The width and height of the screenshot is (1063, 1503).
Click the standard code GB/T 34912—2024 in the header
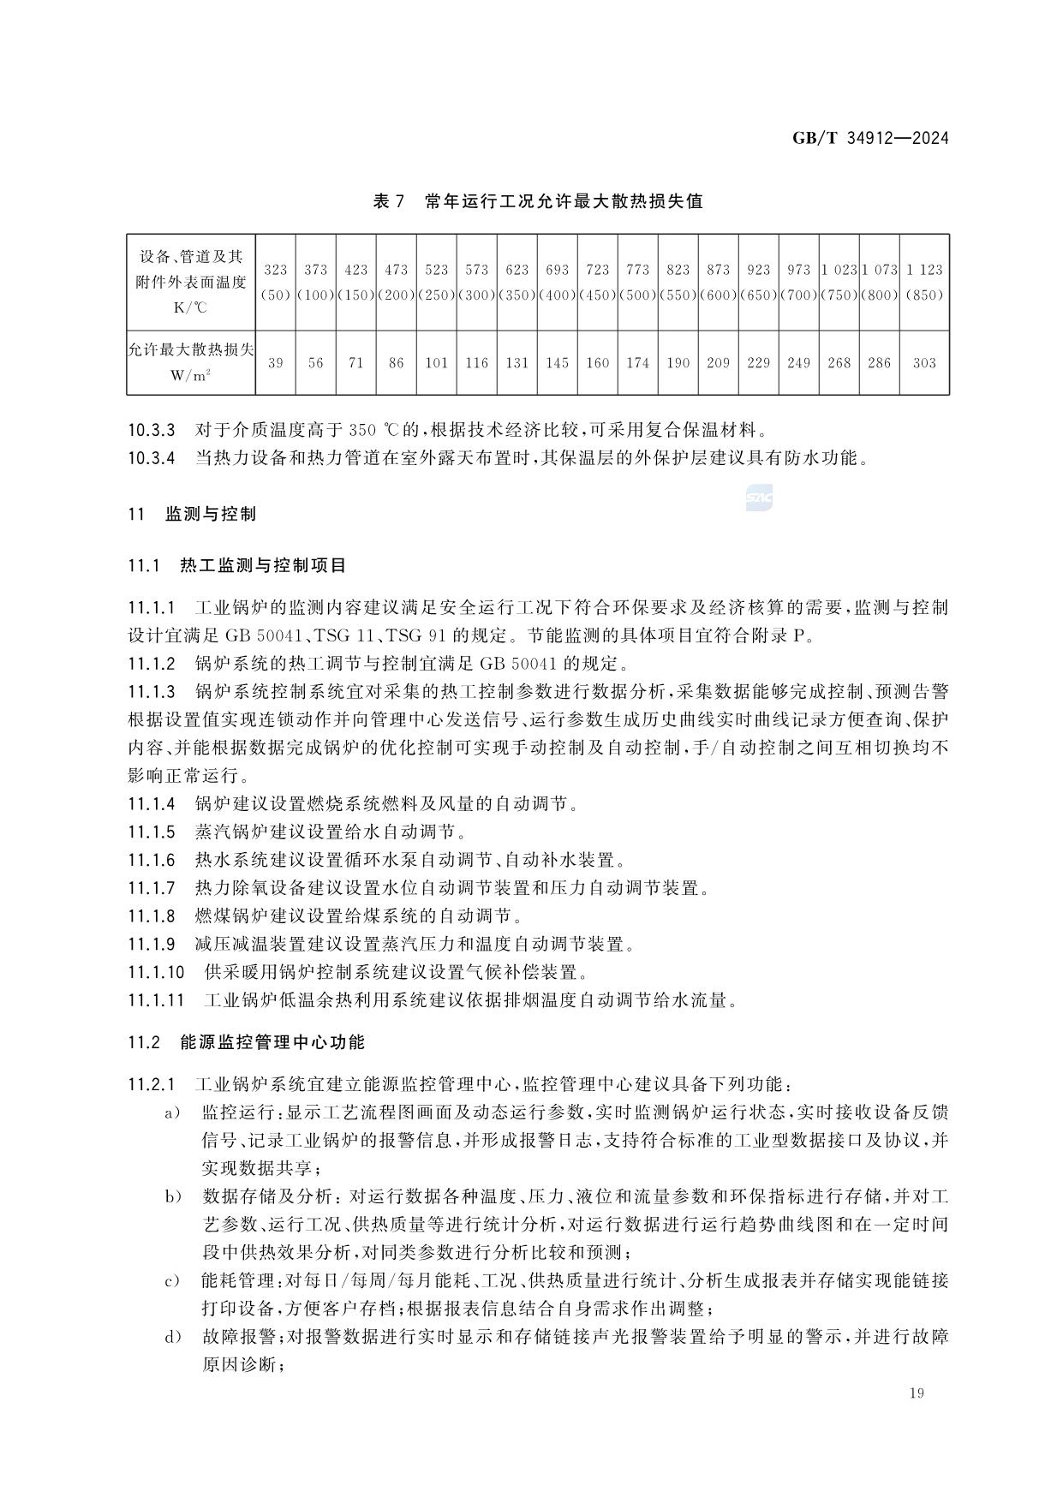click(x=869, y=138)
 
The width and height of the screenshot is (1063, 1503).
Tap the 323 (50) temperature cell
click(x=275, y=282)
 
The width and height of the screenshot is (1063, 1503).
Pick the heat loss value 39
click(x=275, y=363)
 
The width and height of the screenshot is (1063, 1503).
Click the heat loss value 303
click(x=924, y=363)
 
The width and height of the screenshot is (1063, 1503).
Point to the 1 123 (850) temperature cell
click(x=924, y=282)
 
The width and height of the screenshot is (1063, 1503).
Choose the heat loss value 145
click(x=557, y=363)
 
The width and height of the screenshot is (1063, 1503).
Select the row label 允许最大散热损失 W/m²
click(x=190, y=362)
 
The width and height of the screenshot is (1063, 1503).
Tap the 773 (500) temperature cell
click(x=637, y=282)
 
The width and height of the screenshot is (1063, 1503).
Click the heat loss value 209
click(x=718, y=363)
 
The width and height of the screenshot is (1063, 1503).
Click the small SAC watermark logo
click(x=759, y=498)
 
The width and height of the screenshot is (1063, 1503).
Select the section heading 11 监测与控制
click(x=192, y=515)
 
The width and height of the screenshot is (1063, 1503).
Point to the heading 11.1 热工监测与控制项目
click(x=237, y=566)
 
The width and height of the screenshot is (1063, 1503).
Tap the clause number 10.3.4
click(x=152, y=458)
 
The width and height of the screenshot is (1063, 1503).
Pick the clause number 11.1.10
click(x=157, y=973)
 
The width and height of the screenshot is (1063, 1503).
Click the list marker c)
click(x=172, y=1282)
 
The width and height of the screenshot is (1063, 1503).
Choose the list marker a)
click(x=172, y=1113)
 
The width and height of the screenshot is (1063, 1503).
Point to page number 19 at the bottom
click(x=917, y=1393)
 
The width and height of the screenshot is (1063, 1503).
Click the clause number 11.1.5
click(x=152, y=832)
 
